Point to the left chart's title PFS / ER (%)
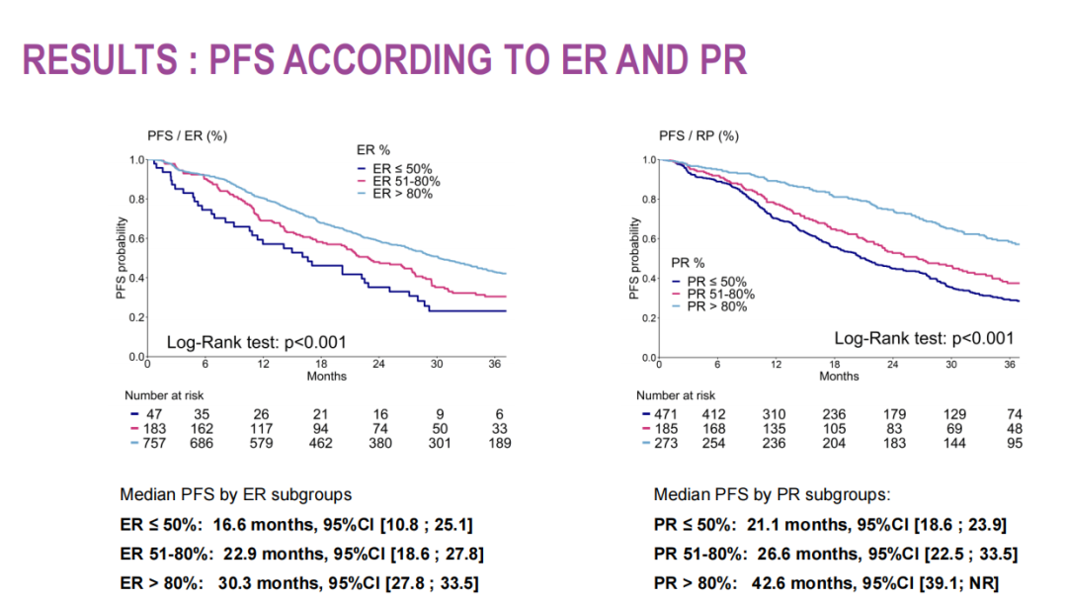[181, 135]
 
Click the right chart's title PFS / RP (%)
[698, 135]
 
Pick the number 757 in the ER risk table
[153, 443]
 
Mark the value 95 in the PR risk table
[1012, 443]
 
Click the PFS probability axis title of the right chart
[635, 258]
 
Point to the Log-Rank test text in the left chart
[256, 342]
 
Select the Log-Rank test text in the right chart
[924, 338]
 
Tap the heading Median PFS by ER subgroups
[235, 494]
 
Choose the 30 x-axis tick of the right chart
[950, 365]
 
